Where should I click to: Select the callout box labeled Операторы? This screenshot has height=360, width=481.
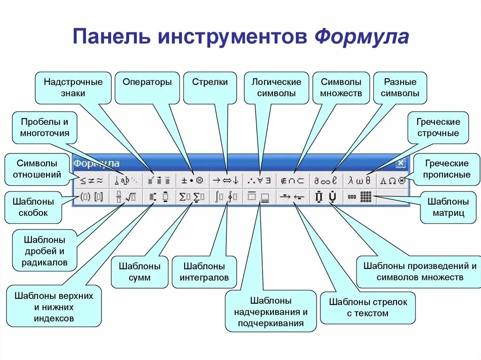pos(147,87)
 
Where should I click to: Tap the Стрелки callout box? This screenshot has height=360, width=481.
pos(209,87)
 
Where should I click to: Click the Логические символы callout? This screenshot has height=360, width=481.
pos(276,87)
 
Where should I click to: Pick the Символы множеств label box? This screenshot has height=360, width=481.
pos(341,87)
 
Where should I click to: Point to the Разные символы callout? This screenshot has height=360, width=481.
pos(400,87)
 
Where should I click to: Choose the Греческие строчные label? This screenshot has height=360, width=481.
pos(438,127)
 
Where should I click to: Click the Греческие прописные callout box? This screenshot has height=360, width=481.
pos(447,169)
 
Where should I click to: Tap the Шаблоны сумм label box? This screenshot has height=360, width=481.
pos(140,272)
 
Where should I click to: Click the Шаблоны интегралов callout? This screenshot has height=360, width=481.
pos(204,272)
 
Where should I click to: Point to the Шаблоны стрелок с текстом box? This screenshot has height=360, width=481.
pos(368,307)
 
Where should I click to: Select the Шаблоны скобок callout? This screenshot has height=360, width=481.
pos(33,207)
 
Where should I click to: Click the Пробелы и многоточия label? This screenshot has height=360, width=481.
pos(45,127)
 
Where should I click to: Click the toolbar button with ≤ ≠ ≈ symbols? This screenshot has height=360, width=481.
pos(91,180)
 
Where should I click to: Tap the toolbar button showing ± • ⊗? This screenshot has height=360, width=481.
pos(193,180)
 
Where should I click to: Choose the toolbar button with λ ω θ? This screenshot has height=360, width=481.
pos(359,180)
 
